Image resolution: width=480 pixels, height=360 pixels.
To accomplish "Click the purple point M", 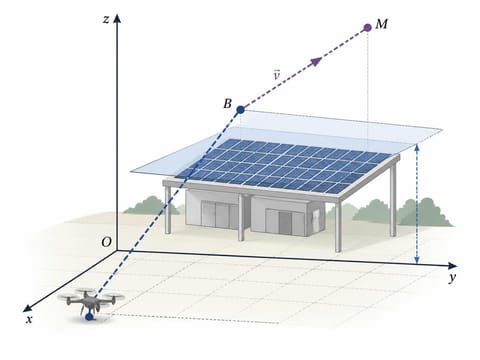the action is pos(367,28).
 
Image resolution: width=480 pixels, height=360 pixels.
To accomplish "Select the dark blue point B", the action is pos(240,109).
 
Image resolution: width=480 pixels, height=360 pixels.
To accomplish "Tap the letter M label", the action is pos(381,24).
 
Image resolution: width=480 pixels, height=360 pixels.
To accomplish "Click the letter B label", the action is pos(227,104).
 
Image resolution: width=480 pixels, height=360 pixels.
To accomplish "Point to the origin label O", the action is pos(106,242).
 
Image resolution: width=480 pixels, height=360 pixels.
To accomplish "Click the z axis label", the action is pos(106,20).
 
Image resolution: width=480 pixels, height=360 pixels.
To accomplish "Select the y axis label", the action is pos(452,278).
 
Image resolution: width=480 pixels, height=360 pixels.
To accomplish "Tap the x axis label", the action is pos(29,319).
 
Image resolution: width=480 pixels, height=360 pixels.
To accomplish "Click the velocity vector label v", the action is pos(276,75).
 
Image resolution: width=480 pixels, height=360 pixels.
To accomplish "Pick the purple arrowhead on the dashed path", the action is pos(317,61).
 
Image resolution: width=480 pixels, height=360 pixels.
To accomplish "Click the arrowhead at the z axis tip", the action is pos(117,18).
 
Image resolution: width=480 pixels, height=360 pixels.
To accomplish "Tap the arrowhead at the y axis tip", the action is pos(453,265).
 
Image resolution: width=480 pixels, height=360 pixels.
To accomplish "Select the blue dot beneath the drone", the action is pos(89,317).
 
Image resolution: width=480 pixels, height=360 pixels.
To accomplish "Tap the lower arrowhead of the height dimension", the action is pos(416,260).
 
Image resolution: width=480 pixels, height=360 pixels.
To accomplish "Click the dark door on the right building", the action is pos(285,223).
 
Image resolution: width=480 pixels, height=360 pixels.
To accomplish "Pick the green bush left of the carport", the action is pos(152,205).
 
